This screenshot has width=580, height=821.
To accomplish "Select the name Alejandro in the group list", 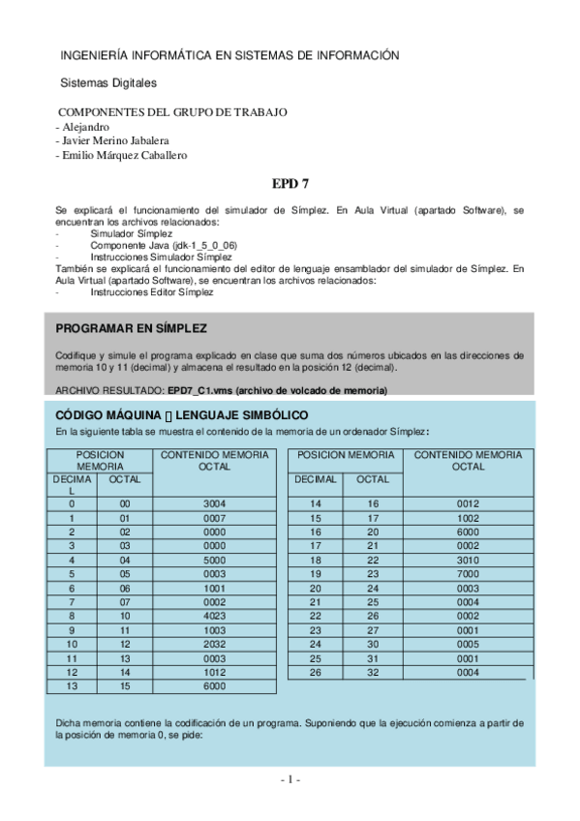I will click(x=85, y=127).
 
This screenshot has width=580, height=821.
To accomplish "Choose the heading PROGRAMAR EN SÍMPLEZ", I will click(x=131, y=328).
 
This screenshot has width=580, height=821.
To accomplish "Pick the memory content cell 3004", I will click(x=214, y=504).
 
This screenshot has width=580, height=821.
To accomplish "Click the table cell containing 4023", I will click(x=214, y=615).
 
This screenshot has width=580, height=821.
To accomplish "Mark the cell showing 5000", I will click(x=214, y=560).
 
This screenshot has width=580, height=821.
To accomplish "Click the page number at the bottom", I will click(x=290, y=780).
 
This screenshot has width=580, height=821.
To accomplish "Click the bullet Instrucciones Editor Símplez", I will click(x=151, y=291).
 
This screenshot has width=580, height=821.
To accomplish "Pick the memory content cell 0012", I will click(x=468, y=504).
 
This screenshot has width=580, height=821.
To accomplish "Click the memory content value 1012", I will click(x=214, y=670).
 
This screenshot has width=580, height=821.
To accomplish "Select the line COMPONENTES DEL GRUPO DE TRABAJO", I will click(x=172, y=112).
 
